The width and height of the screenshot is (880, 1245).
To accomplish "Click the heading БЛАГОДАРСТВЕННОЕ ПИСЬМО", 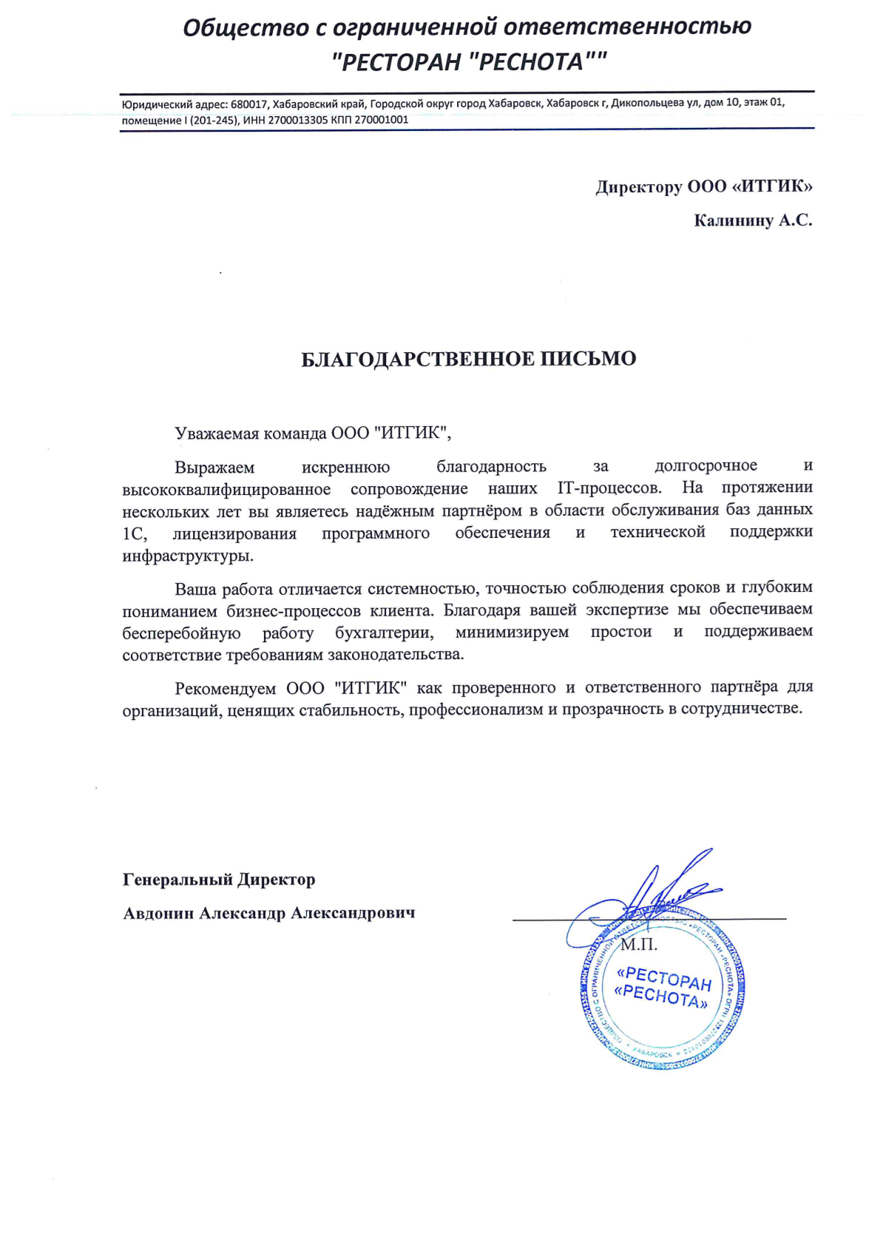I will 468,360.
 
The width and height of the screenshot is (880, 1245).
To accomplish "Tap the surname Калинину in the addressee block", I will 733,220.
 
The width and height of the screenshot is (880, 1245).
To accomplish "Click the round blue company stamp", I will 663,988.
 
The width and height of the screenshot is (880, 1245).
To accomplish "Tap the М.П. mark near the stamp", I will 638,945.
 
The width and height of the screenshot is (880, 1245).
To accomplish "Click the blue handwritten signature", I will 651,895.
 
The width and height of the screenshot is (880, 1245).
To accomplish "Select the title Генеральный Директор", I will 219,880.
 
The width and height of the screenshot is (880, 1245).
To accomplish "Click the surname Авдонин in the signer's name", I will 158,914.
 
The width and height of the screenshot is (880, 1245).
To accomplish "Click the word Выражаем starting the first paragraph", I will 214,468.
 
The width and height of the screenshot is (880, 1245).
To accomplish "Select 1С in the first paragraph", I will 135,534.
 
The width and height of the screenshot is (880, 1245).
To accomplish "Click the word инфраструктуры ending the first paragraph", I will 188,556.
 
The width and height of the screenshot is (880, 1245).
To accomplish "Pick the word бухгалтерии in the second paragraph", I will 384,633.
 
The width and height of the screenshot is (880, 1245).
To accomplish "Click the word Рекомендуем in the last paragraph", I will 225,689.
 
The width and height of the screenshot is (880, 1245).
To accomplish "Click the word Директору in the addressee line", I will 638,186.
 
